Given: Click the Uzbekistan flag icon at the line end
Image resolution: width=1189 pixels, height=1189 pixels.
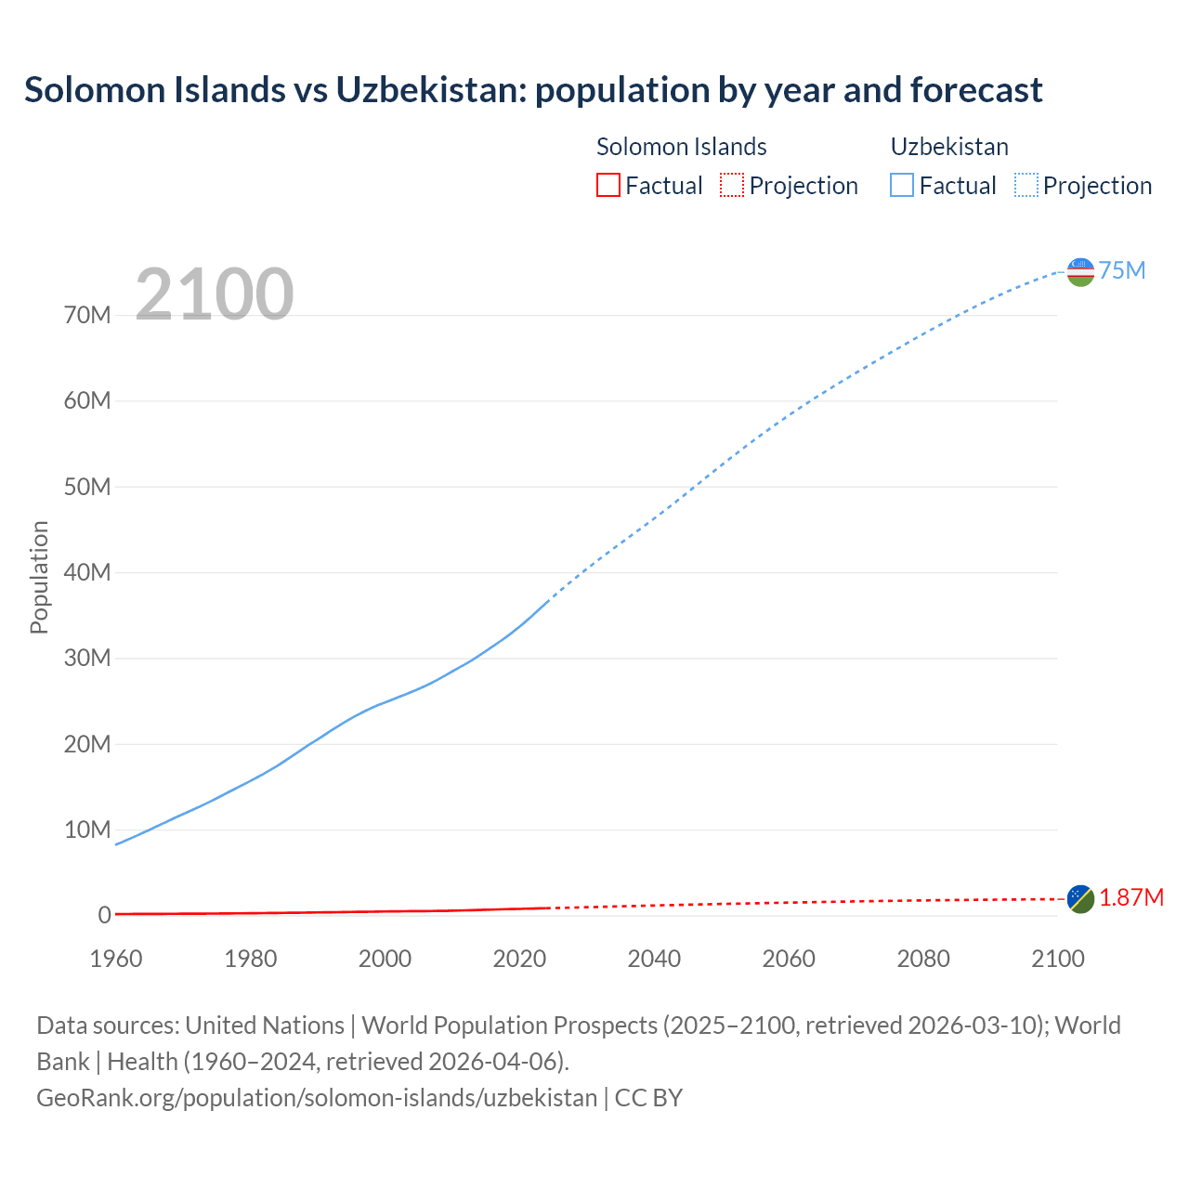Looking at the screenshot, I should coord(1080,271).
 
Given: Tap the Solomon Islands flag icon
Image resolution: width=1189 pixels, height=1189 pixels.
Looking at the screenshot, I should coord(1080,898).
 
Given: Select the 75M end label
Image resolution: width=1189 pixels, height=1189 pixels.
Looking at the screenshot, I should coord(1122,270).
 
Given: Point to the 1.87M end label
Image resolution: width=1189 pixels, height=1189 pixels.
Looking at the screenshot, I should coord(1131,897).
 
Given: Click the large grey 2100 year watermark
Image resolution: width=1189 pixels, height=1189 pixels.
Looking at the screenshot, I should coord(215,294).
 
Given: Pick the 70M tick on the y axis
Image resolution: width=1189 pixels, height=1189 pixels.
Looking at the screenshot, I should coord(87,315).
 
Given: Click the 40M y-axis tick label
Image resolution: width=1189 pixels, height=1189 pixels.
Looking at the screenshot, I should coord(87,572).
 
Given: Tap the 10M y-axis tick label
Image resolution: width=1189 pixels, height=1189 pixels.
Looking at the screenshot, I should coord(87,830).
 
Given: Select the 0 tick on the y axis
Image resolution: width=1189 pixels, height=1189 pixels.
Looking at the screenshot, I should coord(104,915).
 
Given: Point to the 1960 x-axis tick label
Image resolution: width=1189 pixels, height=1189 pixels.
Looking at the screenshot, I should coord(116,959).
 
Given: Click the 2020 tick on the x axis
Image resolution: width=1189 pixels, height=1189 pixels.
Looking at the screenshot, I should coord(519,959).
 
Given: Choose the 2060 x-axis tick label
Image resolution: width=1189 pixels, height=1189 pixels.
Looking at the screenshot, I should coord(789,959).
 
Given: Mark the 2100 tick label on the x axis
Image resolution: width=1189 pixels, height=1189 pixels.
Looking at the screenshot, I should coord(1058,959).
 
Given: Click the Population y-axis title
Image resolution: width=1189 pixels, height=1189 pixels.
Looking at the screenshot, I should coord(39,577).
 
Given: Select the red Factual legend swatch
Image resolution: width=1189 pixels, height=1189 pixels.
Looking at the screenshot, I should coord(608,185).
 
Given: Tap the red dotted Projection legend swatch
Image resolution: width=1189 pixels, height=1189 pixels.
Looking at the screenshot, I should coord(732,185).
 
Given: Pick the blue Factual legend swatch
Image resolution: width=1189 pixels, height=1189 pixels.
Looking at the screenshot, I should coord(902,185).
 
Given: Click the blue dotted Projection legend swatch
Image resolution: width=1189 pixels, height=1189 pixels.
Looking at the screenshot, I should coord(1026,185).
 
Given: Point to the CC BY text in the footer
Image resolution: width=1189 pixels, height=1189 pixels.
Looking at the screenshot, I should coord(648,1097).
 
